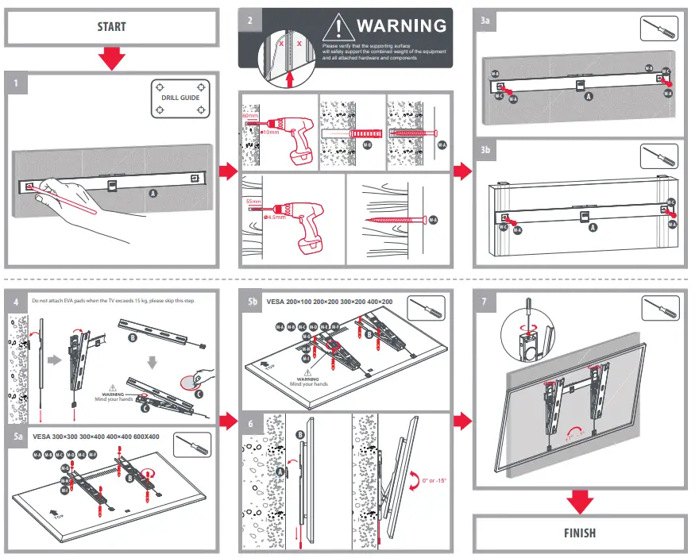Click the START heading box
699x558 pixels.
tap(111, 27)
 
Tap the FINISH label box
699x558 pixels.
tap(580, 533)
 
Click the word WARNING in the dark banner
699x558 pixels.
tap(401, 25)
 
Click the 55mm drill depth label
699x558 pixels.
tap(254, 202)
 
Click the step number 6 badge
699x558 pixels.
tap(250, 424)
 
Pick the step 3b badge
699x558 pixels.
tap(485, 148)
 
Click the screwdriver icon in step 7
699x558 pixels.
tap(659, 310)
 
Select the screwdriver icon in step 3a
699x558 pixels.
tap(659, 28)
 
